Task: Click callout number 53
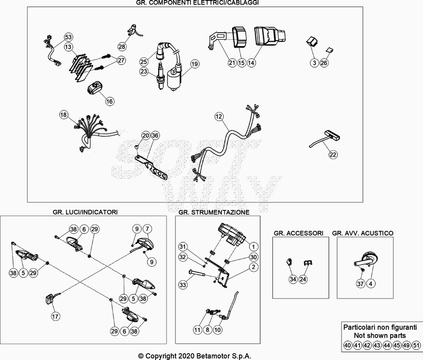[x=68, y=37]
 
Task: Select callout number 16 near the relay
[x=109, y=101]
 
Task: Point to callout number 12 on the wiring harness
[x=219, y=116]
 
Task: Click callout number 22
[x=333, y=155]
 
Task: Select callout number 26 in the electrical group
[x=324, y=63]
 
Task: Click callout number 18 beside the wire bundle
[x=63, y=115]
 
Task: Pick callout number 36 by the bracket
[x=154, y=136]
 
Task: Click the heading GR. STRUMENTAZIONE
[x=214, y=211]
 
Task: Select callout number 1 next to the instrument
[x=253, y=246]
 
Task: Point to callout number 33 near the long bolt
[x=182, y=285]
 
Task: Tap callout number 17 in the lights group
[x=54, y=317]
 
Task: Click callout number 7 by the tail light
[x=148, y=229]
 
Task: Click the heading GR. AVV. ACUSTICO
[x=363, y=233]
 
